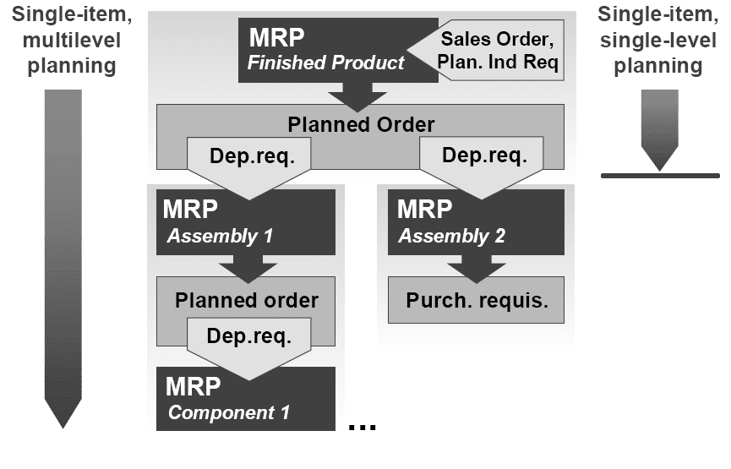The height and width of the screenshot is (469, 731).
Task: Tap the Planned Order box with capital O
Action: click(x=361, y=125)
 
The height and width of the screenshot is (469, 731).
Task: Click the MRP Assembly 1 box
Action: click(x=246, y=221)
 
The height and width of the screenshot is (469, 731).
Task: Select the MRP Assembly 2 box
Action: click(x=476, y=221)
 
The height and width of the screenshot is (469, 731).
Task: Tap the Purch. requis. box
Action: click(x=475, y=300)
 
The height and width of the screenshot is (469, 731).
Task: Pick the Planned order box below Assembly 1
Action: click(x=246, y=299)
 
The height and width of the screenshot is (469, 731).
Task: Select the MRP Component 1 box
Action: click(x=246, y=399)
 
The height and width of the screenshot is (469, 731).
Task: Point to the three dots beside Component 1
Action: click(x=362, y=425)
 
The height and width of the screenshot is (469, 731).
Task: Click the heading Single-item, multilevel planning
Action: click(x=66, y=40)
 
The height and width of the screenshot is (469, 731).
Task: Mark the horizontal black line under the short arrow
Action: click(x=659, y=176)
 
